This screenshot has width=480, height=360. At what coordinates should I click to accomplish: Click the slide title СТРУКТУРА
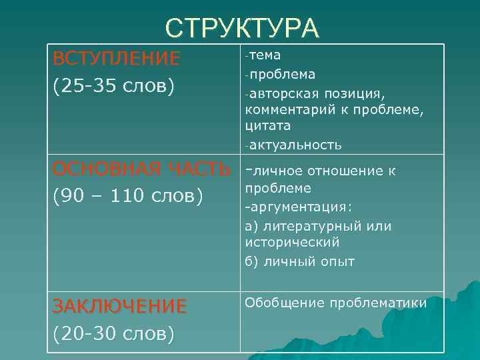pyautogui.click(x=243, y=28)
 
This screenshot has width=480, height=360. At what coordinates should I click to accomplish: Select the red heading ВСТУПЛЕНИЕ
pyautogui.click(x=117, y=59)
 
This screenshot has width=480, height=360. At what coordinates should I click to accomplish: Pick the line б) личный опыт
pyautogui.click(x=300, y=261)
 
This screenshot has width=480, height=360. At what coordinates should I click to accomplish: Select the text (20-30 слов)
pyautogui.click(x=113, y=333)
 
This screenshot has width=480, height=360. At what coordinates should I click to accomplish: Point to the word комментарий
pyautogui.click(x=288, y=109)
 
